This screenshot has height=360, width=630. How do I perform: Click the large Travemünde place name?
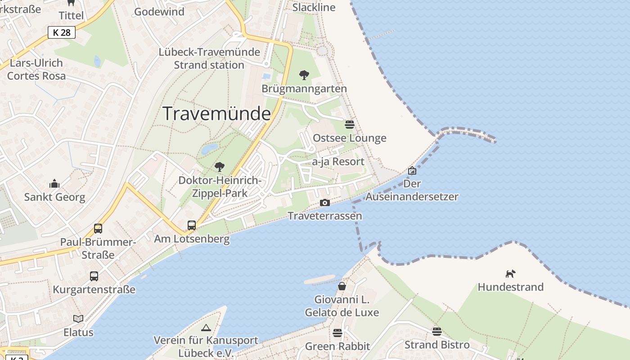point(216,114)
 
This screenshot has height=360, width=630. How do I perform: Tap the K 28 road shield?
point(61,32)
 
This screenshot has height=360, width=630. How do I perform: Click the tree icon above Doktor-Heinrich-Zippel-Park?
point(220,167)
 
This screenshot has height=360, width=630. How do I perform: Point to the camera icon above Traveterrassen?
point(324,203)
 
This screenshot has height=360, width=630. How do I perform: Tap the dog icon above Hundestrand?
point(510,274)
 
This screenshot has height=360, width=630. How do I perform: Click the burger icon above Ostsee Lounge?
point(349,124)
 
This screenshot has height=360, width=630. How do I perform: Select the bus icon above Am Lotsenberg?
point(192,225)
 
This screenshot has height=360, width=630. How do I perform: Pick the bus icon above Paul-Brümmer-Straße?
point(98,229)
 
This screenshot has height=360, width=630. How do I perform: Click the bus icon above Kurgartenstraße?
point(94,276)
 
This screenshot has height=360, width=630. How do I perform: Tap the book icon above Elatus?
point(78,319)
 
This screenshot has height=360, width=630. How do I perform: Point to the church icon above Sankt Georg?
point(54,184)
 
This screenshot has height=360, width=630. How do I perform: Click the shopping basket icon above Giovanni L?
point(342,286)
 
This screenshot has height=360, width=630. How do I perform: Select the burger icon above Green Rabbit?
point(337,333)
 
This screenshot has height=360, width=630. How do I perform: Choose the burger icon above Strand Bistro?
point(436,332)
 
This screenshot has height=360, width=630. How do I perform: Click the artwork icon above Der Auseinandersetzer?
point(412,171)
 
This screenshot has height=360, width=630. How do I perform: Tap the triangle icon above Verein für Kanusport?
point(206,328)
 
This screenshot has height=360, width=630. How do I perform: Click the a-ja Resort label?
point(338,162)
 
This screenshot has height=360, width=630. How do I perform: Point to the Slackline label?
point(314,7)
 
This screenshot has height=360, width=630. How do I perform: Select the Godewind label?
point(159,12)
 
